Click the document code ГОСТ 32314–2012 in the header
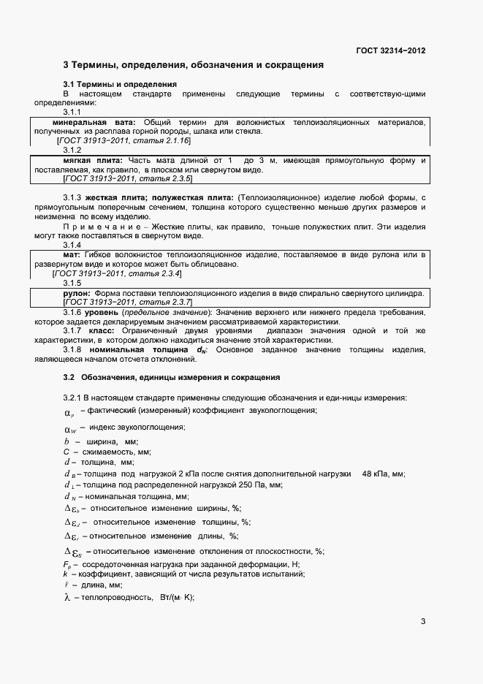(x=390, y=51)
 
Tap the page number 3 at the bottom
(x=423, y=622)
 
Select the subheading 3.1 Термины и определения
(x=120, y=85)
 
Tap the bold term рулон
(x=76, y=292)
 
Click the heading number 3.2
(x=69, y=378)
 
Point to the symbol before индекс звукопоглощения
(x=70, y=428)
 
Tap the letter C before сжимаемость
(x=66, y=452)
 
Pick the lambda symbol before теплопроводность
(x=66, y=597)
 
